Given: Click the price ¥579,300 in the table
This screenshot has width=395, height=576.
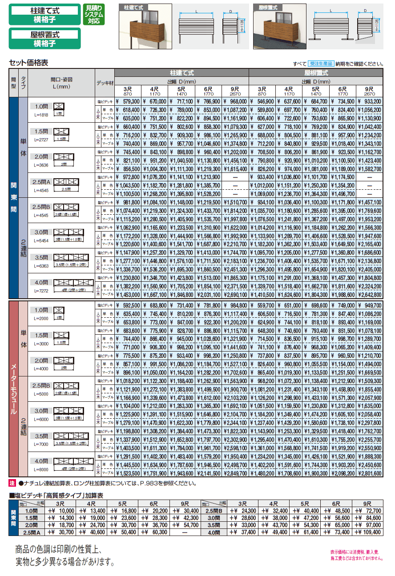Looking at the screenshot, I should click(x=129, y=102).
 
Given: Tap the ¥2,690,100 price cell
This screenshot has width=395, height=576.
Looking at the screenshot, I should click(x=235, y=294).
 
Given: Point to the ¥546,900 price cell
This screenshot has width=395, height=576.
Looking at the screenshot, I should click(x=262, y=102).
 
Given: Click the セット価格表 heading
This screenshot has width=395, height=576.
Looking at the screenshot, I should click(x=28, y=63).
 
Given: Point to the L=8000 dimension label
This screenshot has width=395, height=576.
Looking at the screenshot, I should click(x=40, y=469).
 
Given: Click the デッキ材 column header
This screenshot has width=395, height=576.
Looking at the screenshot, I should click(x=105, y=83).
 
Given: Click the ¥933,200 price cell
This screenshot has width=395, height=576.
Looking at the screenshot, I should click(x=370, y=102).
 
